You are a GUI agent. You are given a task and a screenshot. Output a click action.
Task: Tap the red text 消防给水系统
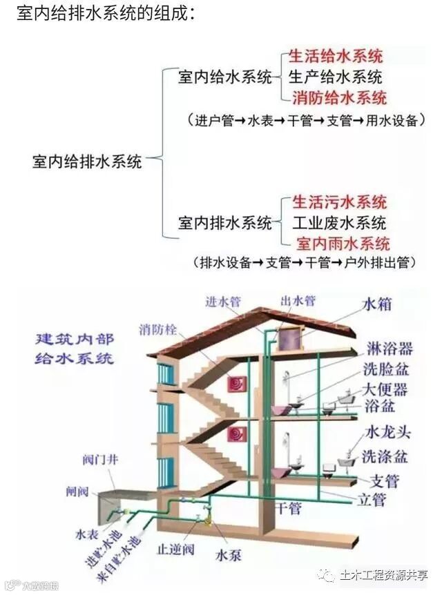339,97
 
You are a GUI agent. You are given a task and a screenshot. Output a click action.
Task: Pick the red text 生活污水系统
339,202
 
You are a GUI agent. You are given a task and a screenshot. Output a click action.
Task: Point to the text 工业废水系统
338,223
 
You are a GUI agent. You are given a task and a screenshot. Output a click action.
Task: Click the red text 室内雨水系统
343,244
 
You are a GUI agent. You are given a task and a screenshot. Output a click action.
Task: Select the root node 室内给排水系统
87,162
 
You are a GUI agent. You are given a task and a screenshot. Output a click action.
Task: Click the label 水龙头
387,433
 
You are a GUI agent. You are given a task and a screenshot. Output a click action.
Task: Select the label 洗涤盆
385,456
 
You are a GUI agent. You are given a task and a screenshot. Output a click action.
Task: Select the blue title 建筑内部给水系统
75,349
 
